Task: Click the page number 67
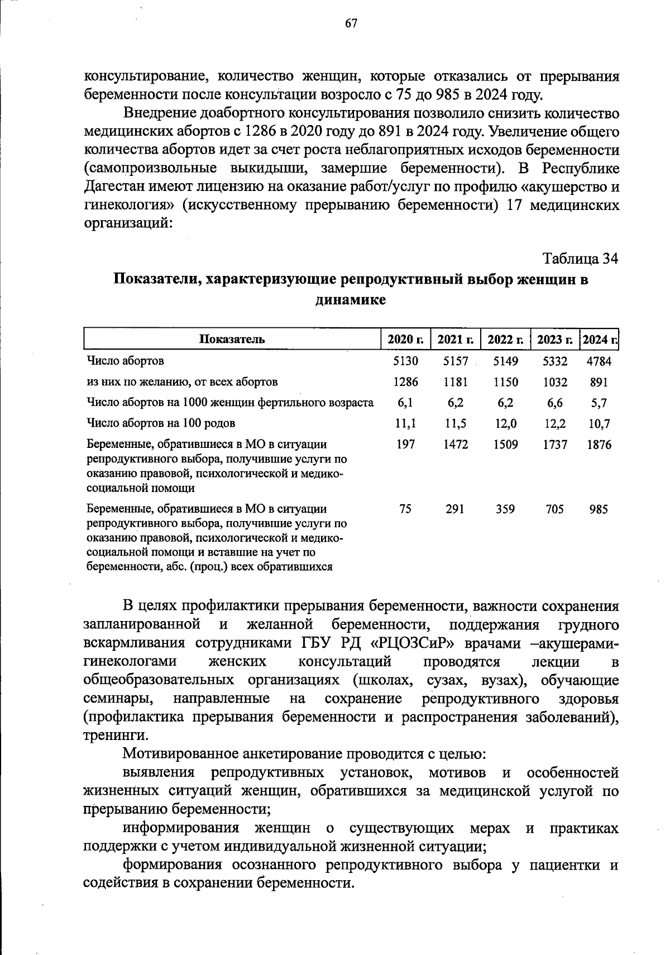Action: pos(351,23)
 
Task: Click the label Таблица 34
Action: pos(581,259)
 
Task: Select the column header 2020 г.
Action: pos(405,339)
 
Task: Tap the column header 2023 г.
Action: pos(555,339)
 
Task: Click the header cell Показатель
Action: pos(232,339)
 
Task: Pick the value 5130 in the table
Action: pos(405,361)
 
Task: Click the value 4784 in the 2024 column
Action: pos(599,361)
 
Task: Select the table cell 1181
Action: pos(455,382)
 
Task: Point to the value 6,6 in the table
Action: pos(555,403)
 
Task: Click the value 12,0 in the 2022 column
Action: pos(505,424)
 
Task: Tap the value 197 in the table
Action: pos(405,445)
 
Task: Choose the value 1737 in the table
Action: pos(555,445)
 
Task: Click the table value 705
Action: pos(555,509)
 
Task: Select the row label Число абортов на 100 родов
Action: pos(161,424)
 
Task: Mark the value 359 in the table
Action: pos(505,509)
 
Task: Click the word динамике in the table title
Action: pos(351,300)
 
